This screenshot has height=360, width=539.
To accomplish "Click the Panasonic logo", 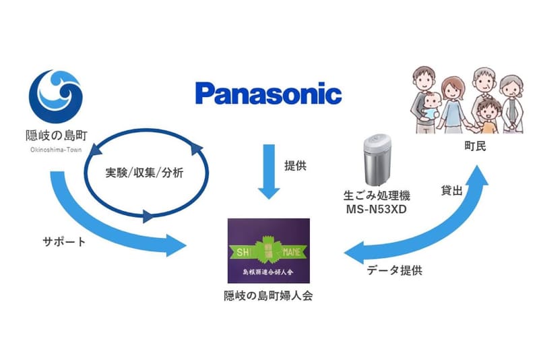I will click(x=267, y=93).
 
